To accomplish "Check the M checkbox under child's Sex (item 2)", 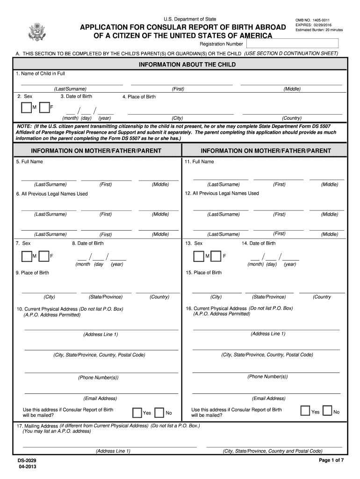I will click(x=26, y=108).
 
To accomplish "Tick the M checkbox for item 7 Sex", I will click(x=26, y=256).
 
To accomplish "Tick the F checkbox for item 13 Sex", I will click(x=216, y=256).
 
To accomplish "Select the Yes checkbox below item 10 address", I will click(x=137, y=413).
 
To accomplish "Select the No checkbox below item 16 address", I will click(x=327, y=412).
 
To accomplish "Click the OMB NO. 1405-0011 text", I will click(x=309, y=20).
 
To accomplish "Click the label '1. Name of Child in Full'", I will click(x=40, y=73).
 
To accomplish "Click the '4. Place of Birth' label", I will click(x=139, y=97).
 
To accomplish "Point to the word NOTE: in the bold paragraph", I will click(x=24, y=127).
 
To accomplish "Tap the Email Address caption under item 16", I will click(x=268, y=399).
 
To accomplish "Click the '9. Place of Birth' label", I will click(x=32, y=273).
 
